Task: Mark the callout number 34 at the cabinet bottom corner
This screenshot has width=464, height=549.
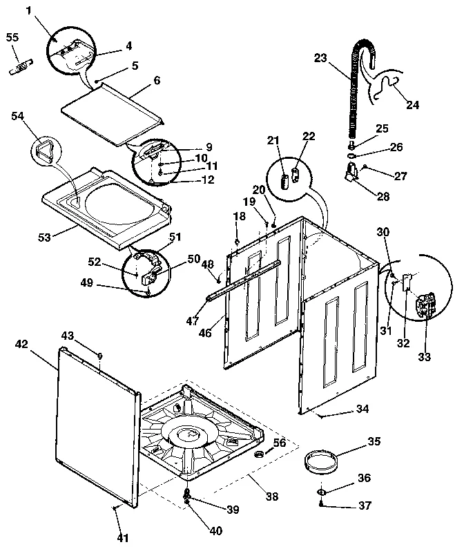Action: [362, 410]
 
